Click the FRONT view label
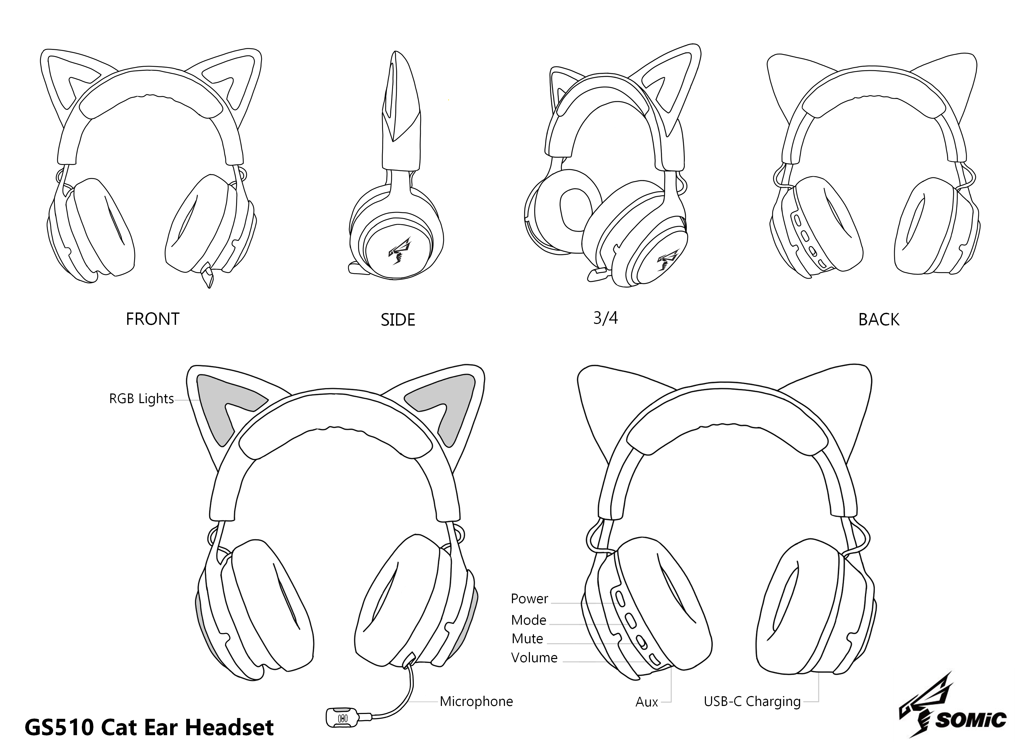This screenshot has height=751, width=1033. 153,319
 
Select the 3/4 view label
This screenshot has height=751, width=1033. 605,318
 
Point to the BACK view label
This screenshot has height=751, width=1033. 879,320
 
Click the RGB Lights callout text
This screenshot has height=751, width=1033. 142,399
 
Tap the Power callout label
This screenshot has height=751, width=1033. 530,598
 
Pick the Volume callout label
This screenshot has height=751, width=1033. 534,658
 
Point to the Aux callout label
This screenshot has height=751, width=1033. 647,702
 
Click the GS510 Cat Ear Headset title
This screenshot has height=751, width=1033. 149,727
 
